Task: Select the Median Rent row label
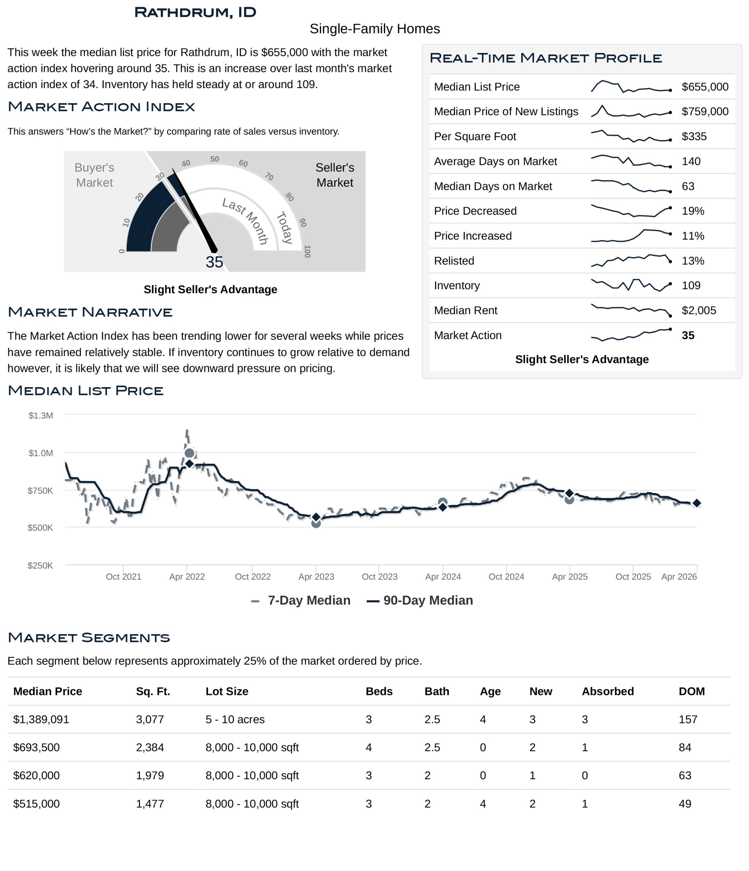point(465,310)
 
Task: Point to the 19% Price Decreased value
point(693,211)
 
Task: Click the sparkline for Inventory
point(631,285)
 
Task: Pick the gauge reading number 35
point(214,262)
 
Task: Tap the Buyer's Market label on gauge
point(94,175)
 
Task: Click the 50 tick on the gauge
point(214,159)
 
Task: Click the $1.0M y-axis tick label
point(41,453)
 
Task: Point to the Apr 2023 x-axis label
point(316,577)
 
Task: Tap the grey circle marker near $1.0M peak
point(189,453)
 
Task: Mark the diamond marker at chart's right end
point(697,503)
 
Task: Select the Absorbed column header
point(607,691)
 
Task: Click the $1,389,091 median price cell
point(41,719)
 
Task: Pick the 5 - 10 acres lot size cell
point(235,719)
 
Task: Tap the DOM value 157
point(688,719)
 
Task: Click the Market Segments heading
point(89,637)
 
